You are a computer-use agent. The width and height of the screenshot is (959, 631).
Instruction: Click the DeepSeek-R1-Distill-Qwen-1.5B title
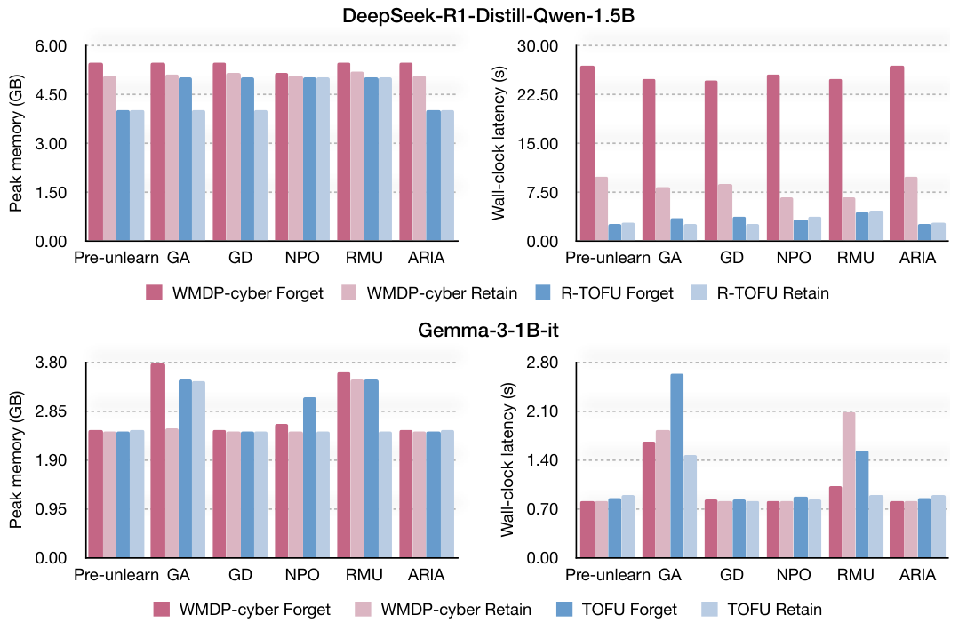point(488,15)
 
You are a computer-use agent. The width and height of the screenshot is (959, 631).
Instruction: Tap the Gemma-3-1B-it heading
point(488,331)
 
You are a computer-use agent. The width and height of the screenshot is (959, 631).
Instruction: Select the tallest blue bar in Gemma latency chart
point(676,466)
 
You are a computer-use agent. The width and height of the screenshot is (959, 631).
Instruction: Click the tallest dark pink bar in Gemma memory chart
point(158,460)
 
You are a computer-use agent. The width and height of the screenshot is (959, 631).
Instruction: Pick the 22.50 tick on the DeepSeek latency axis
point(538,95)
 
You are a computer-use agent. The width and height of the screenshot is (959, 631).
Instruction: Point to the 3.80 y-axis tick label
point(51,363)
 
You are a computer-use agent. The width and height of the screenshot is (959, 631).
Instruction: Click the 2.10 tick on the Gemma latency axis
point(542,411)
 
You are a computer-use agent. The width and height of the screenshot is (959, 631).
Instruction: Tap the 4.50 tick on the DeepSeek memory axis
point(51,95)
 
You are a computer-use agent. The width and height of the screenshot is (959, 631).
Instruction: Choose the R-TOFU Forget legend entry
point(604,293)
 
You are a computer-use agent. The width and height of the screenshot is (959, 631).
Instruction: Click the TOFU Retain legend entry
point(762,610)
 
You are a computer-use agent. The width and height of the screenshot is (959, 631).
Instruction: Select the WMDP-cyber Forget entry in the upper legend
point(235,293)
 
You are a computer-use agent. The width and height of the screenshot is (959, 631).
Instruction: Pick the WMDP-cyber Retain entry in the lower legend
point(443,610)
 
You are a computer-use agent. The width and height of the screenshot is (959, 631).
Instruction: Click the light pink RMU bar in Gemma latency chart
point(849,485)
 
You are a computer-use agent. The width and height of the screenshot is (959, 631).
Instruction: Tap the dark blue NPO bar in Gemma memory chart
point(310,477)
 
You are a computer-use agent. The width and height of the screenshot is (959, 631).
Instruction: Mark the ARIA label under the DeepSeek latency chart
point(917,258)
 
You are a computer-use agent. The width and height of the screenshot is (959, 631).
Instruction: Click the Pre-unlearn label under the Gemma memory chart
point(116,575)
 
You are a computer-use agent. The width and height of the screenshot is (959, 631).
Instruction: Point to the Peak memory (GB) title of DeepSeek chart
point(16,143)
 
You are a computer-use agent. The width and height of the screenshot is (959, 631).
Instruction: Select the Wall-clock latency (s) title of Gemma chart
point(507,459)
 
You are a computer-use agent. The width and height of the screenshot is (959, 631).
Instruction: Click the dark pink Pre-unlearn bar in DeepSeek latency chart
point(587,154)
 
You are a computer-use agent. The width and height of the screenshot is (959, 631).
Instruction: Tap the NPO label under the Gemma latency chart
point(794,575)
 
